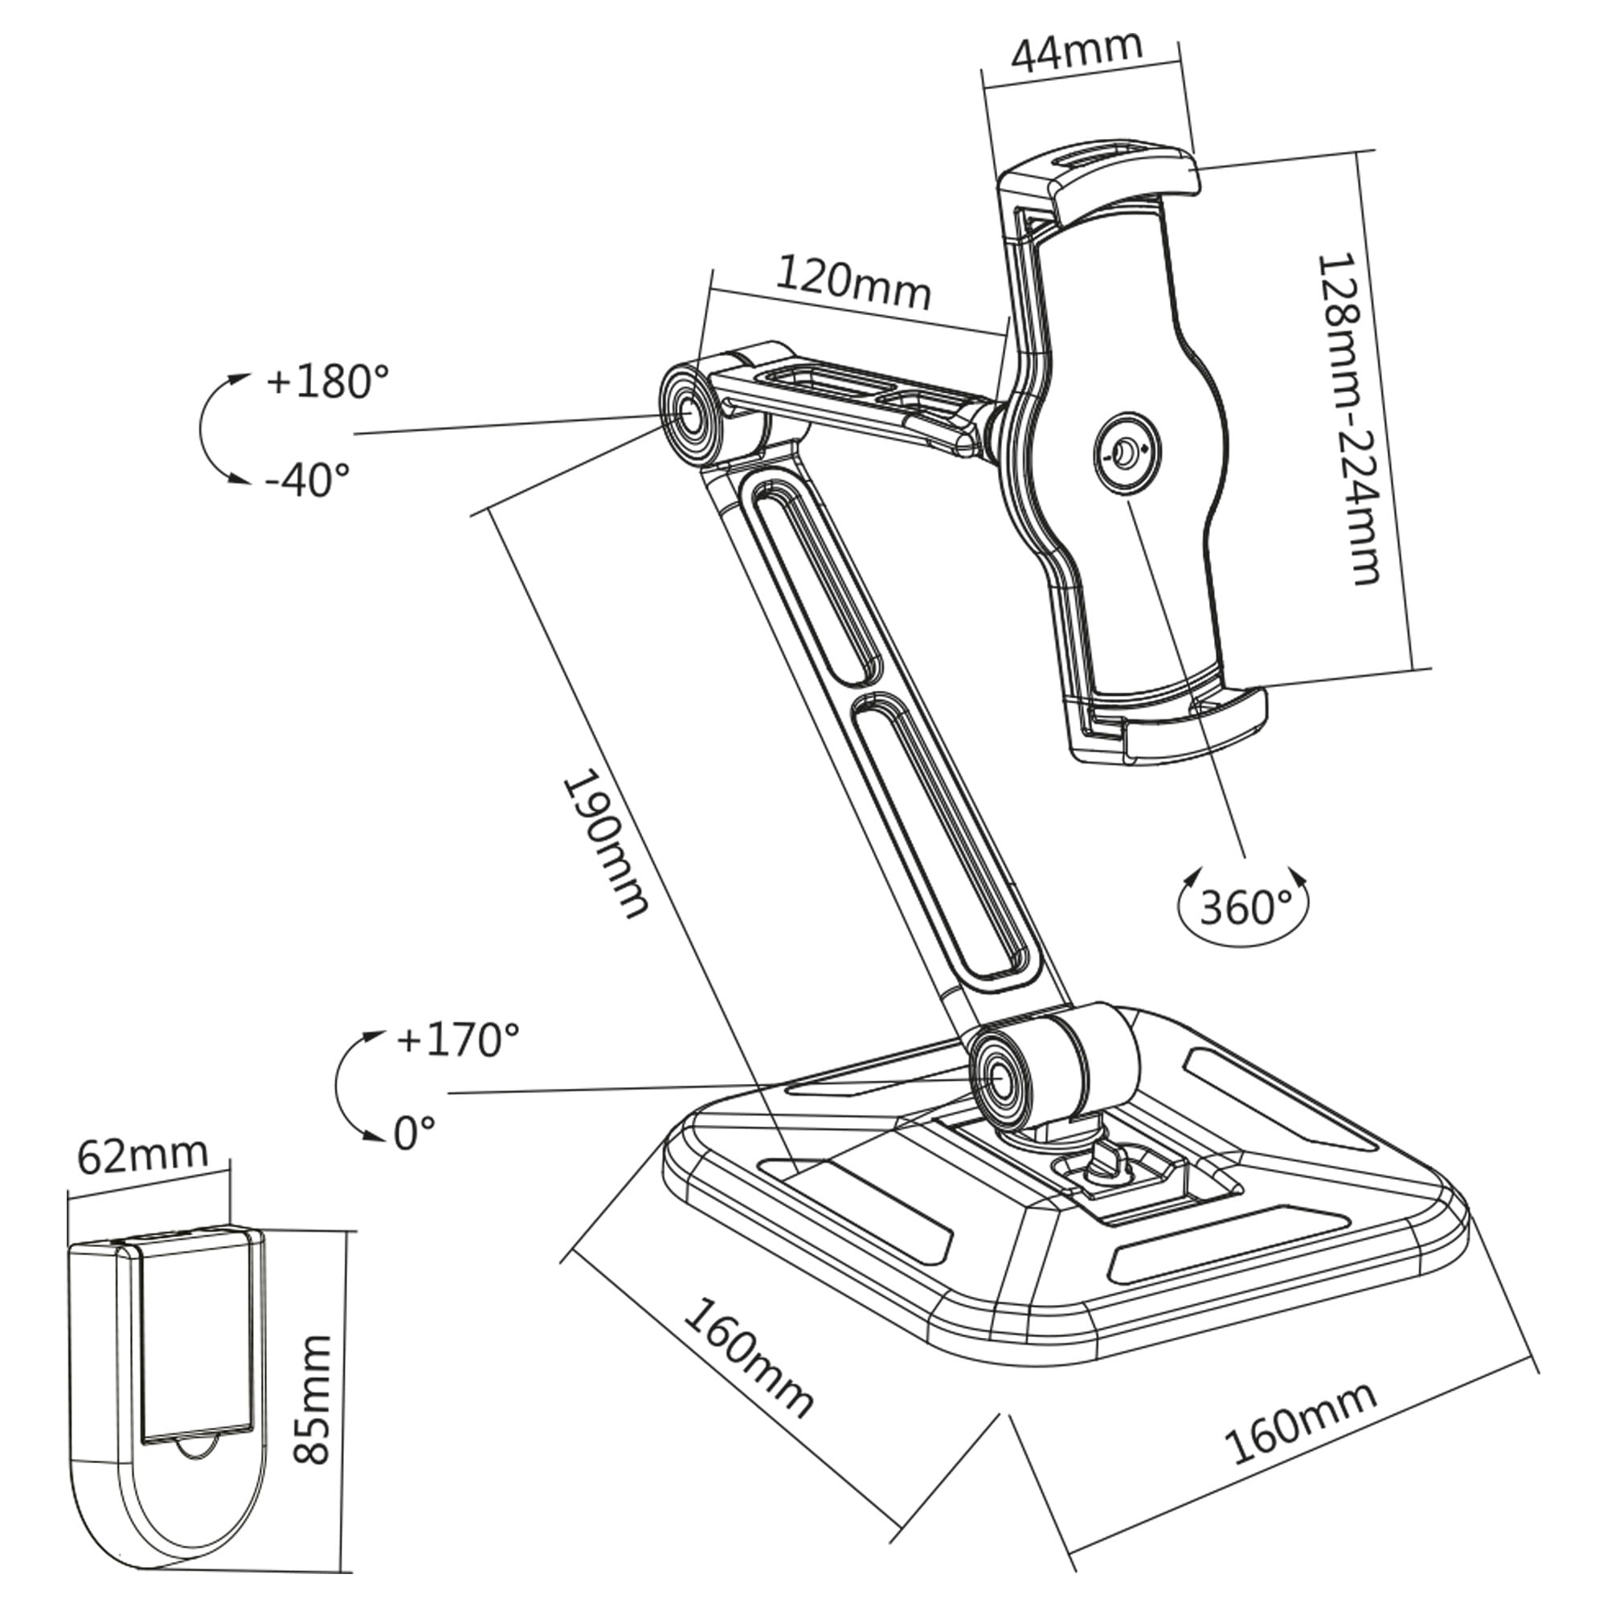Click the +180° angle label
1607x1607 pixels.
[x=327, y=382]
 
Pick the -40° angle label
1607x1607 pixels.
[x=308, y=479]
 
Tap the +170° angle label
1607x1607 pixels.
[x=457, y=1039]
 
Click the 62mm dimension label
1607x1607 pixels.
[x=141, y=1154]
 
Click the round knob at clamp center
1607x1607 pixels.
[x=1124, y=453]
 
